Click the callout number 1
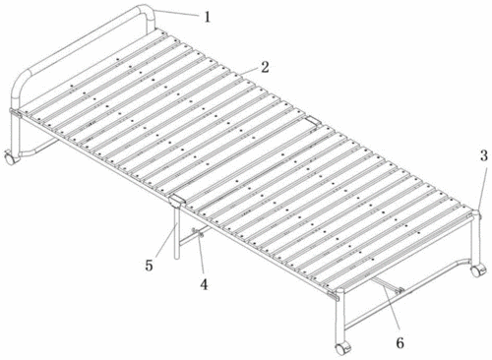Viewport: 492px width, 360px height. (x=207, y=17)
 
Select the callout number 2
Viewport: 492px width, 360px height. (x=265, y=67)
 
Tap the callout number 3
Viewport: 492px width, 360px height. (x=484, y=156)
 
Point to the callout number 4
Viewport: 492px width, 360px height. (x=204, y=284)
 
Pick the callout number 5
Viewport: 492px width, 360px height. (x=149, y=266)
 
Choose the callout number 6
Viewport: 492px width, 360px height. (x=400, y=343)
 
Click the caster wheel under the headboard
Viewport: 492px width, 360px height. (x=10, y=157)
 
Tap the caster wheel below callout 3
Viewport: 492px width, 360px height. (x=477, y=270)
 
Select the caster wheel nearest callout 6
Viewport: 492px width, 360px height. (x=342, y=348)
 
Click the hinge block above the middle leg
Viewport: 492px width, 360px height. (x=176, y=201)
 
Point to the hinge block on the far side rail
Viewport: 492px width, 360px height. (x=313, y=120)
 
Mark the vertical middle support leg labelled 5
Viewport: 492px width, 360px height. (x=177, y=233)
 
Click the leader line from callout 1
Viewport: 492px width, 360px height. (x=176, y=13)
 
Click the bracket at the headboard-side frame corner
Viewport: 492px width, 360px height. (x=15, y=113)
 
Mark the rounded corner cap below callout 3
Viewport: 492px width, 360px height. (x=475, y=214)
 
